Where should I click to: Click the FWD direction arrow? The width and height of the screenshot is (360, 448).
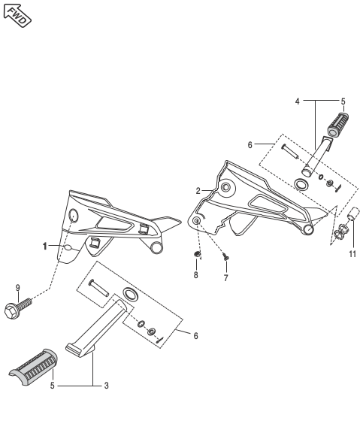[17, 16]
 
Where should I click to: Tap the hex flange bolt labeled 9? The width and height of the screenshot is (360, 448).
[17, 307]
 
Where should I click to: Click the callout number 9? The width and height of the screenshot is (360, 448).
[18, 288]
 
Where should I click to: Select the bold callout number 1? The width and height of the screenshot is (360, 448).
[44, 246]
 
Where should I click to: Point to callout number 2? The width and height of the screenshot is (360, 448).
[198, 191]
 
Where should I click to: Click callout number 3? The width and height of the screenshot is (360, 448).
[106, 386]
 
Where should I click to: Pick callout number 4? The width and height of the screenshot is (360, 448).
[297, 101]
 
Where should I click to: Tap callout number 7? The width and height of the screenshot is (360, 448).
[225, 277]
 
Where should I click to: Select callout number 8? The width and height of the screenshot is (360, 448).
[195, 275]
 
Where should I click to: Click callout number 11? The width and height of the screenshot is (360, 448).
[352, 254]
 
